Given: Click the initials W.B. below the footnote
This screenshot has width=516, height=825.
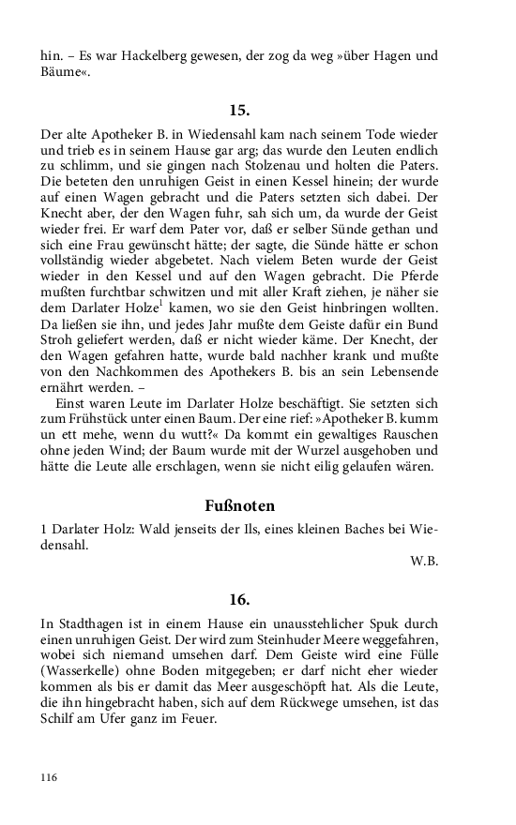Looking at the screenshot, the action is (424, 562).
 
